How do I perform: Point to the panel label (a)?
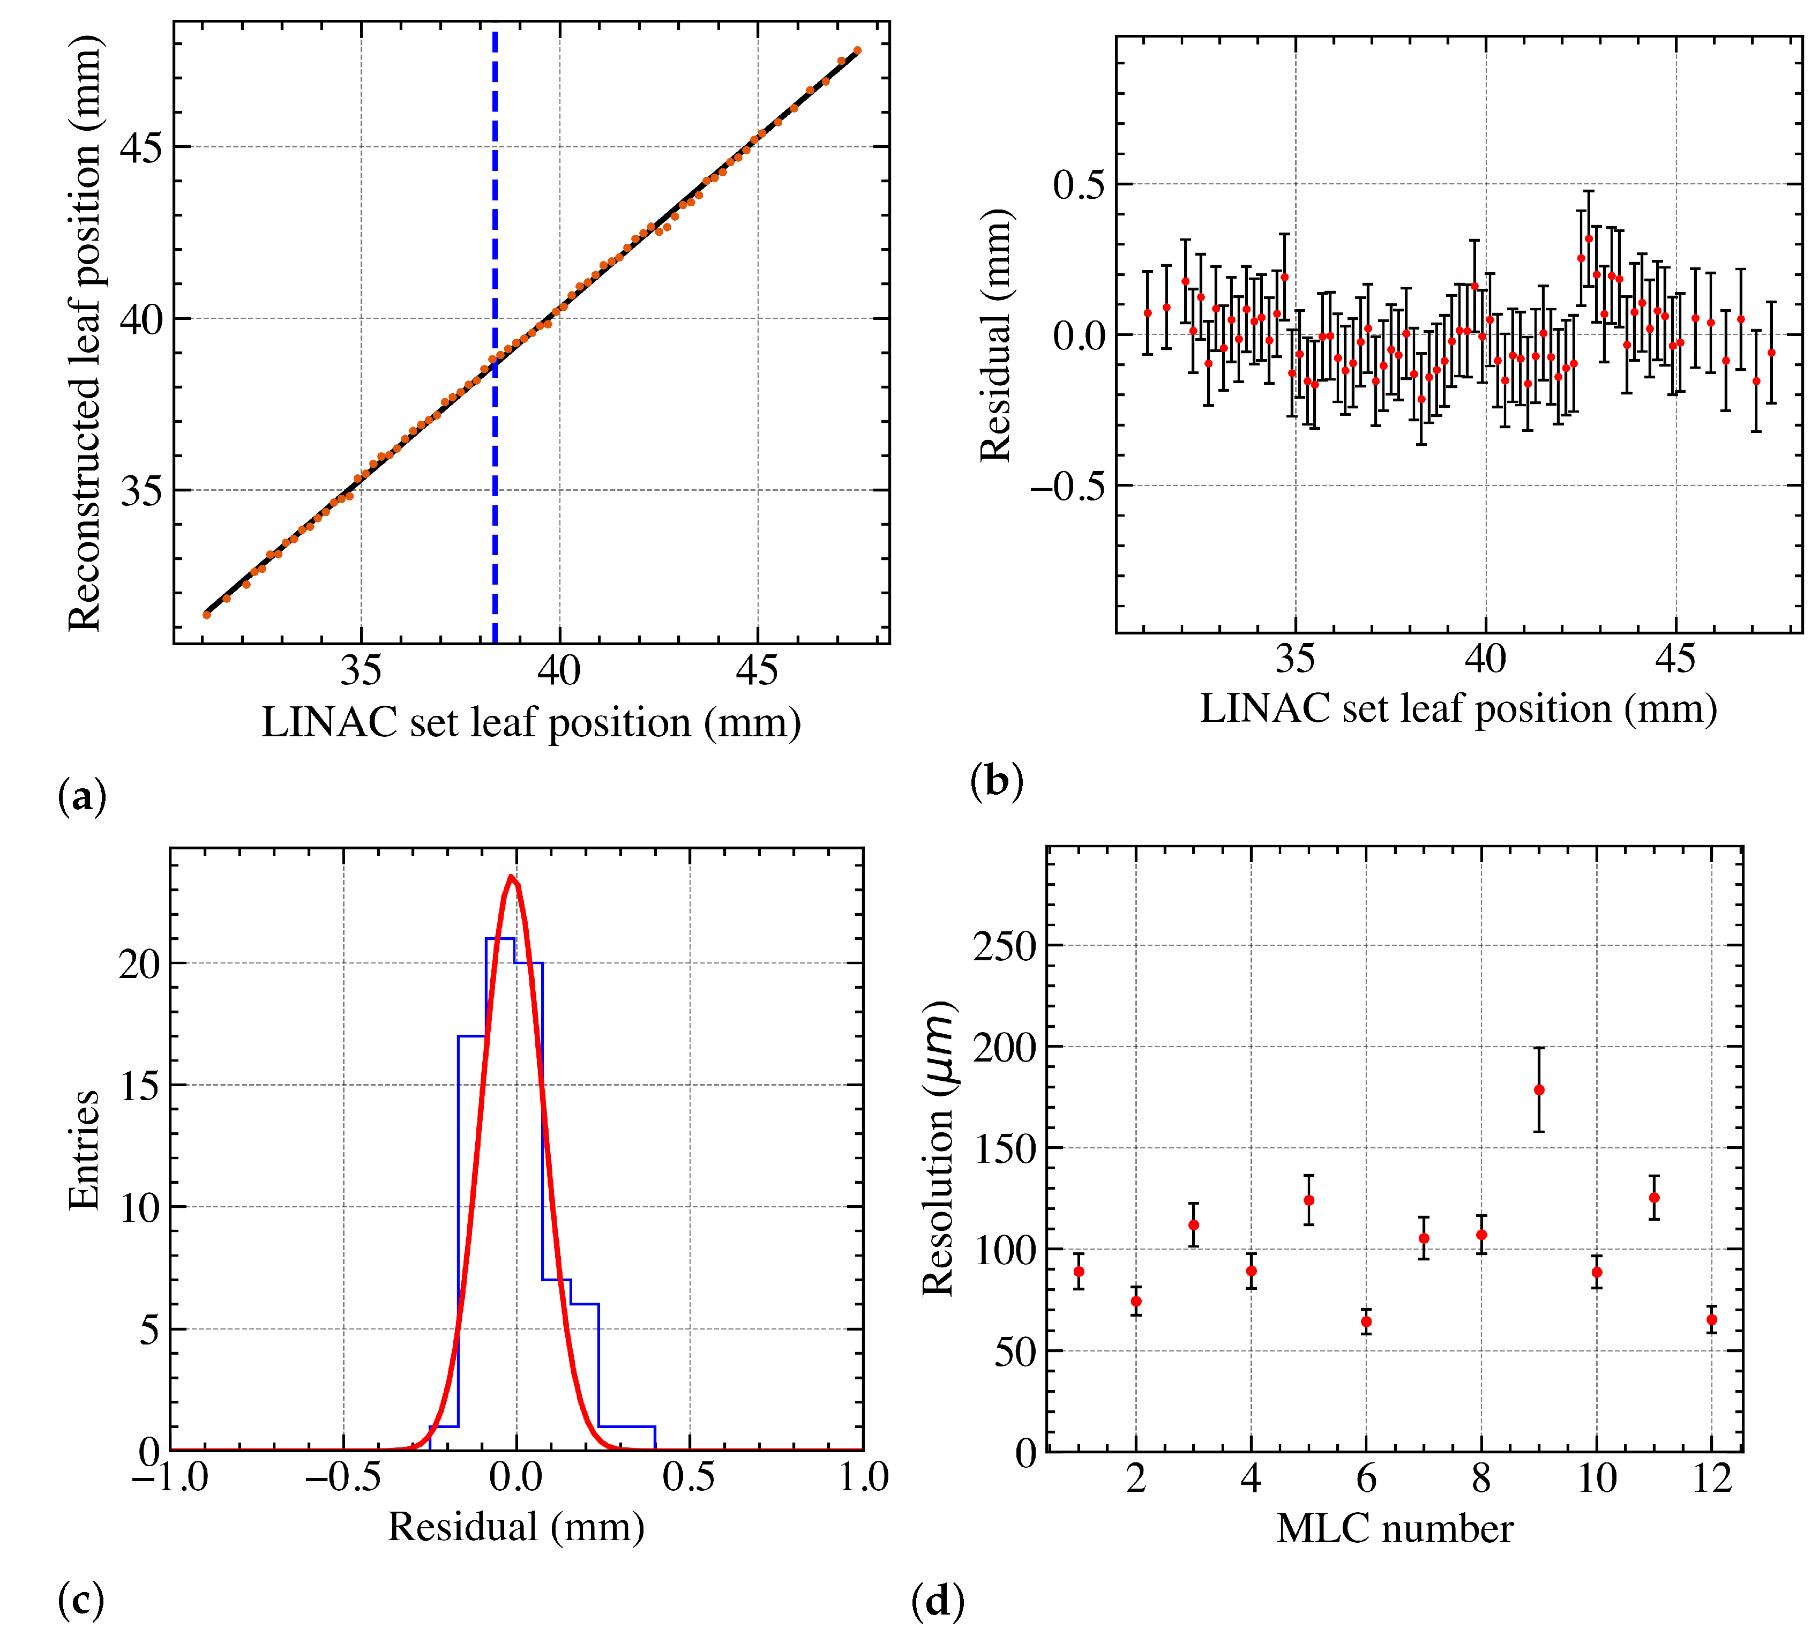click(82, 797)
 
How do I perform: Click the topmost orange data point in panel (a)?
click(857, 50)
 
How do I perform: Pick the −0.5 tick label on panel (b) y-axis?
click(1067, 487)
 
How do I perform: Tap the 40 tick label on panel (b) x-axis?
click(1485, 660)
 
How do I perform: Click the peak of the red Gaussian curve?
click(512, 877)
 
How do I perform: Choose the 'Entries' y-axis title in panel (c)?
click(84, 1151)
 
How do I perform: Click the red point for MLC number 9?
click(1539, 1090)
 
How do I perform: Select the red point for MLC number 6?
click(1366, 1321)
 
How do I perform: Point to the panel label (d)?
click(938, 1601)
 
